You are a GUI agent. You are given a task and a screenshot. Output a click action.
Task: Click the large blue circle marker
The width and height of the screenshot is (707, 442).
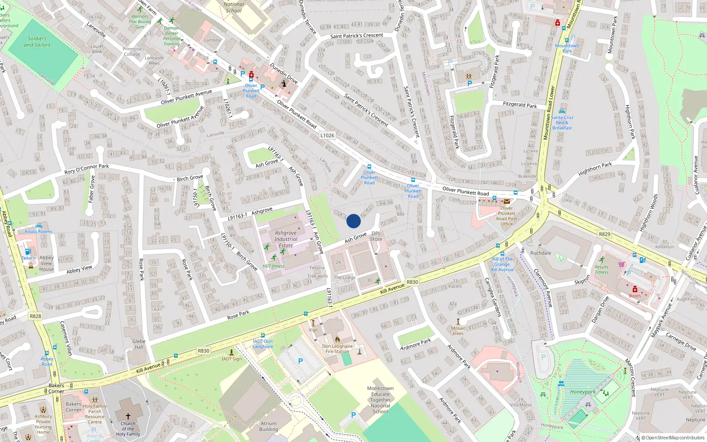(353, 221)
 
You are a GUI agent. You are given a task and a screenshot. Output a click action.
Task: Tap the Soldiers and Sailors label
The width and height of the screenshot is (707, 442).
(37, 42)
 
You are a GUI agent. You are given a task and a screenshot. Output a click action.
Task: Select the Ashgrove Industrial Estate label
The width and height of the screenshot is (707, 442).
(286, 239)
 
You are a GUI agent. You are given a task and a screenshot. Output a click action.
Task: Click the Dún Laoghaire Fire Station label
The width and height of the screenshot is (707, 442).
(338, 349)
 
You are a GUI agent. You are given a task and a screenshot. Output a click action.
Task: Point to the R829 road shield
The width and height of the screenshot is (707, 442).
(604, 234)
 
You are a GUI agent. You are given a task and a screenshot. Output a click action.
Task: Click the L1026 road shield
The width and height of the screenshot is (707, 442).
(327, 136)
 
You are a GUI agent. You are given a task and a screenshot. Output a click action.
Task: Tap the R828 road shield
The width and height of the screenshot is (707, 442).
(35, 316)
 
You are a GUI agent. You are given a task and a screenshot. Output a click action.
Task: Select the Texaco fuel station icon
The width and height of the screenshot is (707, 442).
(27, 251)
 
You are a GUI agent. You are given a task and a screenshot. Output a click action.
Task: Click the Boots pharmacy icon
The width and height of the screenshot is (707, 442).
(635, 290)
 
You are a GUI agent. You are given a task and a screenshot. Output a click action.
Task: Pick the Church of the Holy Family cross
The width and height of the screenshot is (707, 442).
(128, 416)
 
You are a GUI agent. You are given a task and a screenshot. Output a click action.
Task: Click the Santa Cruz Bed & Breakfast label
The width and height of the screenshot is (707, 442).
(562, 122)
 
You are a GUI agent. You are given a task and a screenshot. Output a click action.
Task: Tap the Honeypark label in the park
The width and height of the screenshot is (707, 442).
(582, 392)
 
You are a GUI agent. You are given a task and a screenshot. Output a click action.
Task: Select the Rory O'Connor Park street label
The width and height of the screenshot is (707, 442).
(87, 169)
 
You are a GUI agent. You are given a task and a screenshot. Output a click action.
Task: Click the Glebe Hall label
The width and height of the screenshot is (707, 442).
(139, 344)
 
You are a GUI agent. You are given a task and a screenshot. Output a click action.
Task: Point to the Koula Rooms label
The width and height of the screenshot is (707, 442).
(38, 232)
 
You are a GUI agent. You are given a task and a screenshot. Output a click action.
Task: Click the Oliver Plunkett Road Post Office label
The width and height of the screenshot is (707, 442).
(506, 216)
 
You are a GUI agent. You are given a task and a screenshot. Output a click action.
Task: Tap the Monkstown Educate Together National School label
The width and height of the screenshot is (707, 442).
(380, 400)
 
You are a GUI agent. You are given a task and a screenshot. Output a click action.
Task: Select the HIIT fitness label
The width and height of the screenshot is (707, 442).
(274, 266)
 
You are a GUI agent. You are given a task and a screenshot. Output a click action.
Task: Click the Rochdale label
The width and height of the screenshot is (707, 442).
(541, 253)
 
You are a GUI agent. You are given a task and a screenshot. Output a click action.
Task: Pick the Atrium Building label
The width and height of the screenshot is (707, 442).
(269, 426)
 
